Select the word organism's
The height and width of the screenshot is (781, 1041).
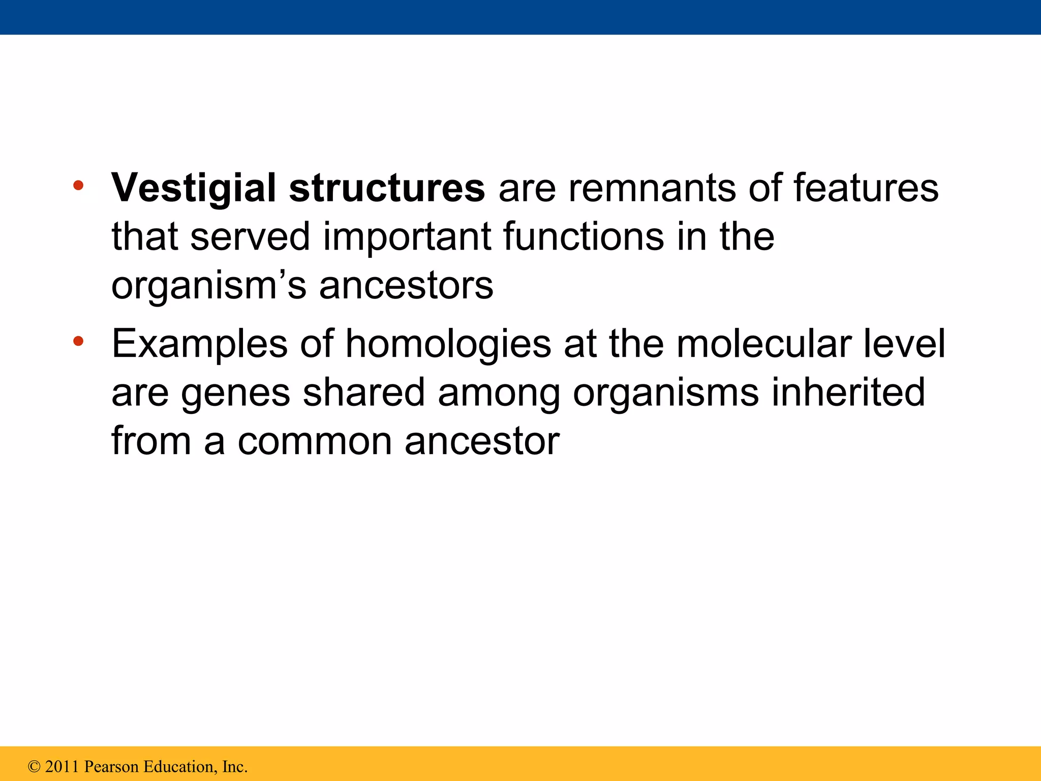[x=208, y=286]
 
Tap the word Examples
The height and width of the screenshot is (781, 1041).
[x=199, y=344]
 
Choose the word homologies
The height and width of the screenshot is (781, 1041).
[x=448, y=344]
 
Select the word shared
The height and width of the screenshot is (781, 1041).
[x=363, y=393]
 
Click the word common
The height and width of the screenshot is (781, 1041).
[x=315, y=442]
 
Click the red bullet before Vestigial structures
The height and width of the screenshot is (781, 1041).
[x=78, y=186]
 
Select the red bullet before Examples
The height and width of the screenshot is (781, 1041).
[x=78, y=341]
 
